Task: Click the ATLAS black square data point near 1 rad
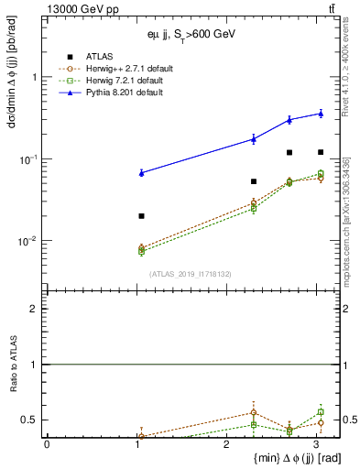point(141,216)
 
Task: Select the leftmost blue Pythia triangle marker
point(141,172)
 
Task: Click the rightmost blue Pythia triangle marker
point(321,114)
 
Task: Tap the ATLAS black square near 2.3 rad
point(254,181)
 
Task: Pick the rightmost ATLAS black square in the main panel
point(321,152)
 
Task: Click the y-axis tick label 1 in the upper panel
point(34,78)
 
